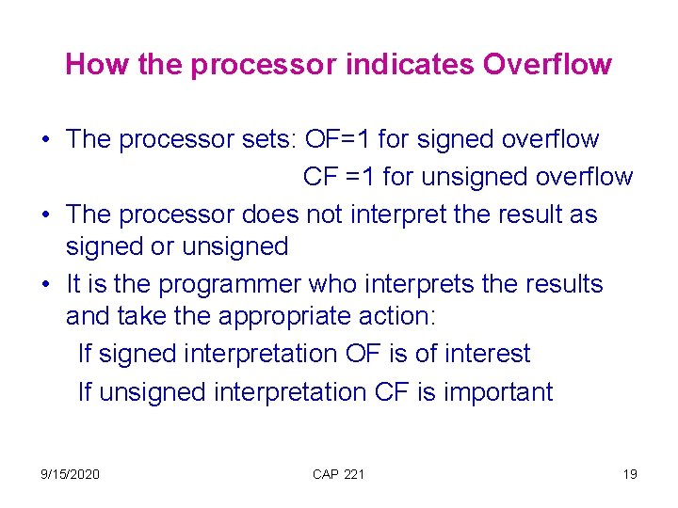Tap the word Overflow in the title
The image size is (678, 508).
[547, 65]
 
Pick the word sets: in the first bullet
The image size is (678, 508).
[264, 139]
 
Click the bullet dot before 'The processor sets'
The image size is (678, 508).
[45, 140]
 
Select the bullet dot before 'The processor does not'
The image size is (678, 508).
[45, 214]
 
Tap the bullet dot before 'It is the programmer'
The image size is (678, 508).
[45, 284]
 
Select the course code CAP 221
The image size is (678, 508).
[338, 474]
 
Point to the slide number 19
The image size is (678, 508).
[629, 474]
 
